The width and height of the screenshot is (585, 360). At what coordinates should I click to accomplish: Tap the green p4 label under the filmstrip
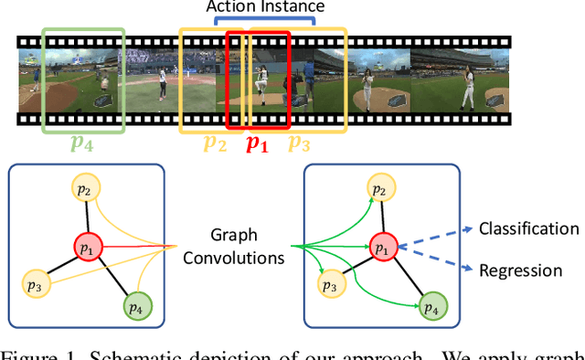[82, 143]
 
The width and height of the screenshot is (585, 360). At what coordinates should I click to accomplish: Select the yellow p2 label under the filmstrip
[215, 143]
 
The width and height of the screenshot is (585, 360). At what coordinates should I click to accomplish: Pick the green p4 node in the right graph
[430, 306]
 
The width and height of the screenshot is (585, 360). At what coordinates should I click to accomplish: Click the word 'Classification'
[528, 228]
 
